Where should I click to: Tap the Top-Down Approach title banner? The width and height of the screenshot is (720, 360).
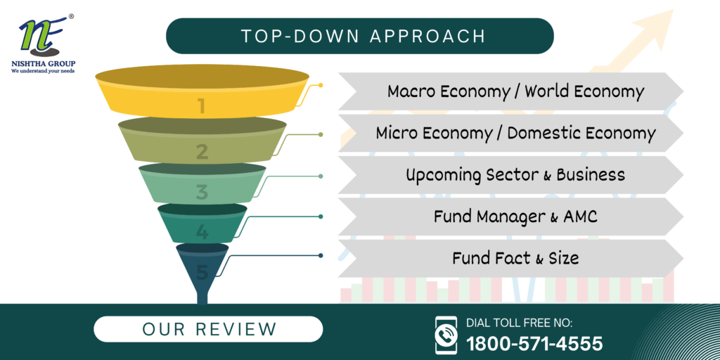359,37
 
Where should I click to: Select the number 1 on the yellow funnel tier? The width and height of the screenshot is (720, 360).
201,106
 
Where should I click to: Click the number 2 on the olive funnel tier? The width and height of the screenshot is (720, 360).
202,152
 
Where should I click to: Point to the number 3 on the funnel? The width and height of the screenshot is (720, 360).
202,193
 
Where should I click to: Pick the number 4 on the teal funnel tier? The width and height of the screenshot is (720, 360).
202,232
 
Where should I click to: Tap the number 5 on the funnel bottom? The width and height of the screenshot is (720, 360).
202,273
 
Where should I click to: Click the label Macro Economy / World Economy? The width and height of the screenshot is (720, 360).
515,91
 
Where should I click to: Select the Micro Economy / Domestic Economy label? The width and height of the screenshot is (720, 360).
515,133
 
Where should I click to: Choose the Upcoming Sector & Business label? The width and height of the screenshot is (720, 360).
515,175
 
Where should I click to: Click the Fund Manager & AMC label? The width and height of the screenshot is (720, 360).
515,217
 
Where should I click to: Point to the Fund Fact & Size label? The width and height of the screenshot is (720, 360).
515,258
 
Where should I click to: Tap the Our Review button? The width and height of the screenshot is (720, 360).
208,329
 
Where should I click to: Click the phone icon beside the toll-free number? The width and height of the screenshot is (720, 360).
446,335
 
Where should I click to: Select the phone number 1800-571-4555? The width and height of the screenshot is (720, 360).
534,343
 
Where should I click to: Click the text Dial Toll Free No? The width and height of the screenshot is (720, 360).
520,323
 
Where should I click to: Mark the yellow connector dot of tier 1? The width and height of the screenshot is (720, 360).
321,85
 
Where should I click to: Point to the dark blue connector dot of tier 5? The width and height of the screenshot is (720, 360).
321,255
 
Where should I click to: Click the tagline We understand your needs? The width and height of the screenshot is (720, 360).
43,71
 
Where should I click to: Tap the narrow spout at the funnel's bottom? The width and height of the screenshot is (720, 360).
202,295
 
